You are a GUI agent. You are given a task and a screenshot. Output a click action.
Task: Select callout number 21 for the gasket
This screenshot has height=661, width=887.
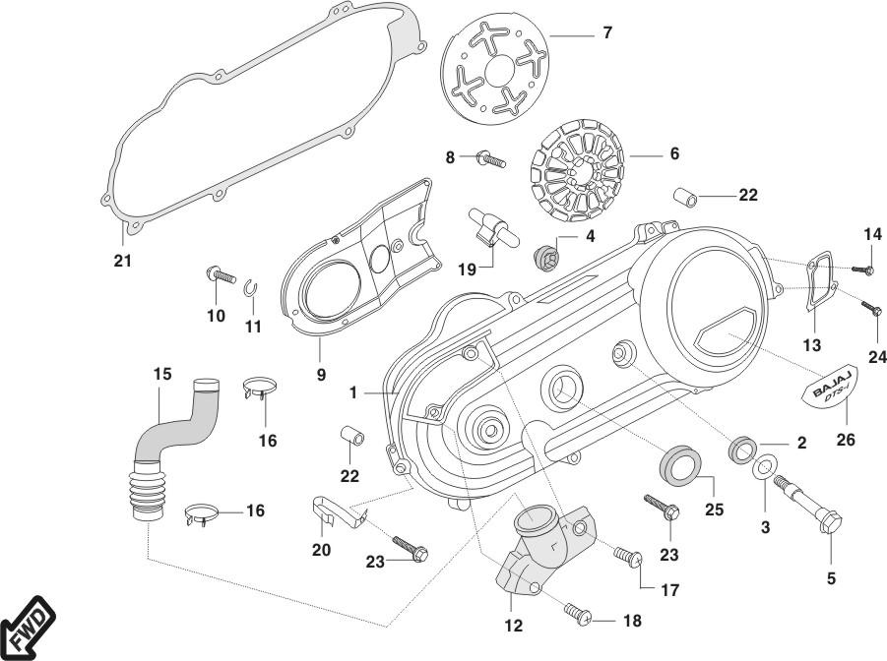pyautogui.click(x=122, y=261)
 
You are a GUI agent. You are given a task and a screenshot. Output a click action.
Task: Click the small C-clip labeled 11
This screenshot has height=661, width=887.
pyautogui.click(x=253, y=286)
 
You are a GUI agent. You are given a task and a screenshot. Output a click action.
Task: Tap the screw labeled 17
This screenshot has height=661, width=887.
pyautogui.click(x=626, y=559)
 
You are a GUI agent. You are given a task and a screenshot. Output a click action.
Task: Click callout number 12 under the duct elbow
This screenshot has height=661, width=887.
pyautogui.click(x=513, y=625)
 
